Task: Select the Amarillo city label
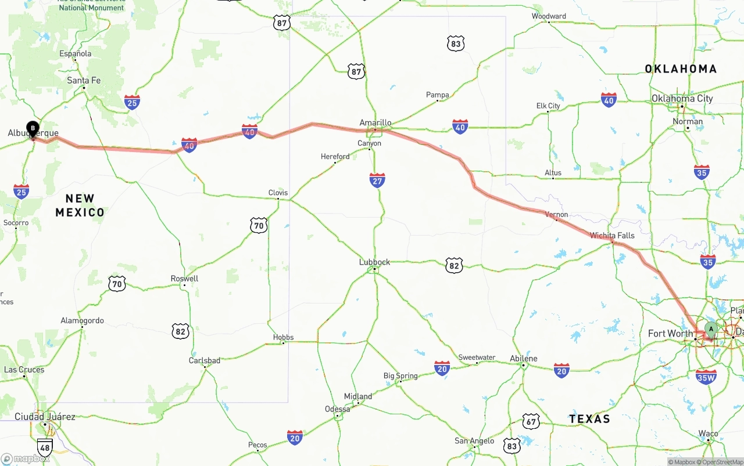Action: [x=375, y=123]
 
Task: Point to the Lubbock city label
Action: [x=374, y=262]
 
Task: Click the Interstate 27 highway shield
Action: [x=377, y=180]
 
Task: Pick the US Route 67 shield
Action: [x=530, y=421]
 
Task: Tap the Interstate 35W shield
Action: [x=706, y=377]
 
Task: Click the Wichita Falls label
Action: [x=612, y=236]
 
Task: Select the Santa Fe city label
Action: [x=84, y=81]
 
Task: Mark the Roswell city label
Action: [x=184, y=279]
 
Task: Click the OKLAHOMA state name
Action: [x=681, y=69]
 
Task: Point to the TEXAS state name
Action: [x=589, y=419]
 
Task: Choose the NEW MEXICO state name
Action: [x=80, y=205]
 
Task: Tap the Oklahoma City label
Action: [x=682, y=99]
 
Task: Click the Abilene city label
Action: [x=524, y=358]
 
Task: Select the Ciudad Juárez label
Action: [x=45, y=417]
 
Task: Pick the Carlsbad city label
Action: [x=205, y=360]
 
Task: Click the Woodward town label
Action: [x=549, y=16]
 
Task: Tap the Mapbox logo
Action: [x=25, y=458]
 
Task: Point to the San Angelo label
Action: [x=474, y=441]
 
